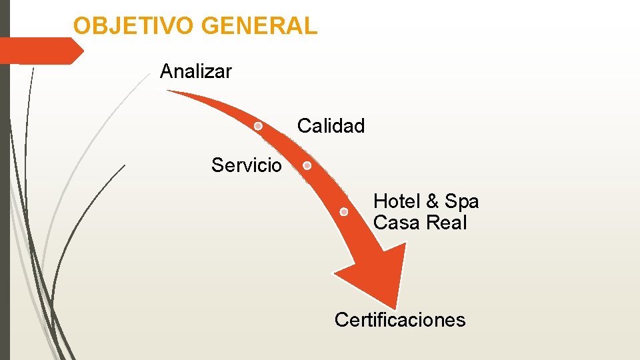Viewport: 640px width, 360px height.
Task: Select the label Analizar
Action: (196, 71)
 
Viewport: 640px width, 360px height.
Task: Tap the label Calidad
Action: (331, 125)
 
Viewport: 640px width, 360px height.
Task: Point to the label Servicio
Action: (246, 165)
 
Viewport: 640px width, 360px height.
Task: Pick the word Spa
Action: (461, 201)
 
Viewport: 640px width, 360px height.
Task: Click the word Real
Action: (446, 223)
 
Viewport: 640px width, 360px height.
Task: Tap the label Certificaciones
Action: (400, 320)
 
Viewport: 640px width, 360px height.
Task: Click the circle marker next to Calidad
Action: (258, 125)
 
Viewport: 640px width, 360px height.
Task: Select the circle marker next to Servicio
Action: (307, 165)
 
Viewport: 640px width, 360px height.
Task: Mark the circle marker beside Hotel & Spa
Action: (344, 212)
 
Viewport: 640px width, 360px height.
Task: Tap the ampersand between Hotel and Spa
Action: (432, 201)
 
